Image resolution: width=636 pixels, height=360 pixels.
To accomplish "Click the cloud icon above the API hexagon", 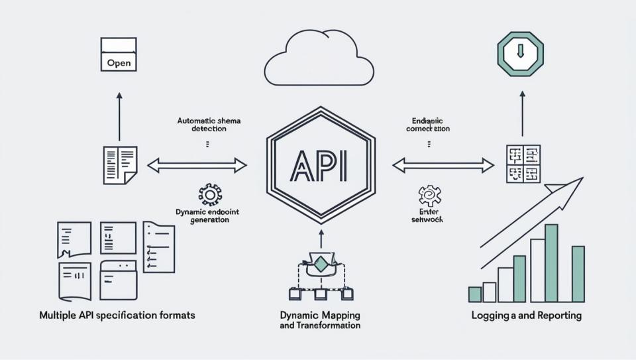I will (x=319, y=60).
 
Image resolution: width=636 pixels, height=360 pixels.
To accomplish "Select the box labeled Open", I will (x=119, y=54).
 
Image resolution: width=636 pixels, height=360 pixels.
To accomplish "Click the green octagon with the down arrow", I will (x=520, y=53).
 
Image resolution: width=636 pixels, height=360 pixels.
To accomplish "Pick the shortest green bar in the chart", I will (x=475, y=294).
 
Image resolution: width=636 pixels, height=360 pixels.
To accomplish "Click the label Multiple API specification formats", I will (x=117, y=316).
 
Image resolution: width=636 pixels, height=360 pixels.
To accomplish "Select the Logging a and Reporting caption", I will (x=526, y=316).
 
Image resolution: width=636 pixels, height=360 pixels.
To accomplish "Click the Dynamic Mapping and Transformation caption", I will (x=320, y=321).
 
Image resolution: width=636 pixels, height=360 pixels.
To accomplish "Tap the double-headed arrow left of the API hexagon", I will (x=197, y=165).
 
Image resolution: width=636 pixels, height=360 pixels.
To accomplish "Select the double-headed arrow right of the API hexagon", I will (x=443, y=164).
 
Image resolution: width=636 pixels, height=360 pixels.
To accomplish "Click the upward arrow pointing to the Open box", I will (x=119, y=115).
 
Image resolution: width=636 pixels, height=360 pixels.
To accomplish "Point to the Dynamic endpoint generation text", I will (x=209, y=215).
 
